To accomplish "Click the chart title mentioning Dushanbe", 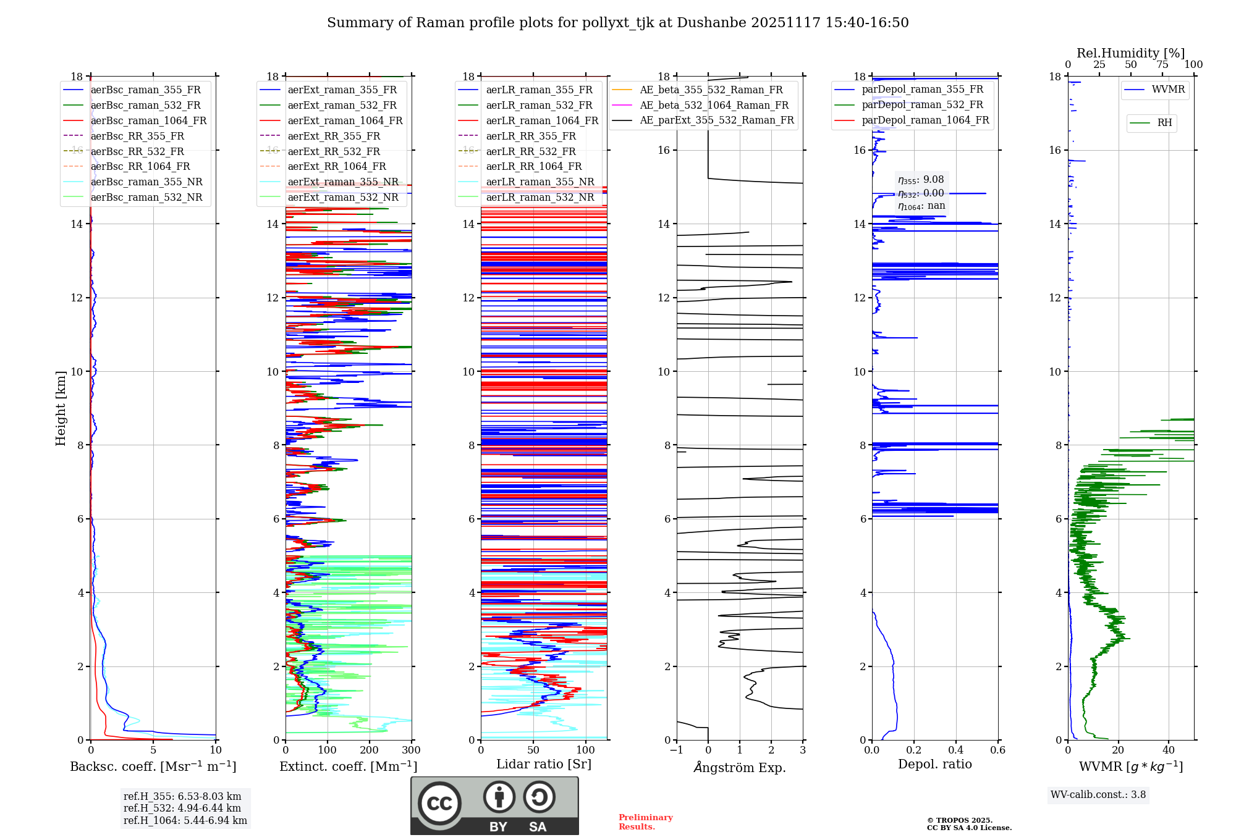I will click(617, 23).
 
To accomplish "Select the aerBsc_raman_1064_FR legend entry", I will click(148, 121).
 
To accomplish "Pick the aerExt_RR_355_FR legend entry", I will click(334, 136).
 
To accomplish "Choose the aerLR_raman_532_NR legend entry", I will click(540, 198).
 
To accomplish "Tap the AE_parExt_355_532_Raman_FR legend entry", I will click(716, 120).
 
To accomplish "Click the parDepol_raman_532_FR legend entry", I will click(922, 105).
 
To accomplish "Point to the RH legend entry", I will click(1164, 123).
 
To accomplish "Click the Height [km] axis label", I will click(61, 408).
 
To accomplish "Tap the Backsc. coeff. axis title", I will click(153, 766).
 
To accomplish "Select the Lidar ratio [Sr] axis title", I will click(544, 765).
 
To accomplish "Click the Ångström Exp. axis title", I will click(740, 768).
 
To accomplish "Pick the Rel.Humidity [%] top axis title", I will click(1130, 53).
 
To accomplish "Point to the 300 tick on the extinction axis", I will click(411, 750).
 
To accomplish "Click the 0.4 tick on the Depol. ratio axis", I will click(956, 750).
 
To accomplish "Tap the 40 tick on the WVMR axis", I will click(1169, 750).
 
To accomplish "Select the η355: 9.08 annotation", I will click(921, 180).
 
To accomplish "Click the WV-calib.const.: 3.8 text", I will click(1098, 795).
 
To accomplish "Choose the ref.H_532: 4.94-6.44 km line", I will click(182, 808).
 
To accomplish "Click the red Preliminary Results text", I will click(646, 822).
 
